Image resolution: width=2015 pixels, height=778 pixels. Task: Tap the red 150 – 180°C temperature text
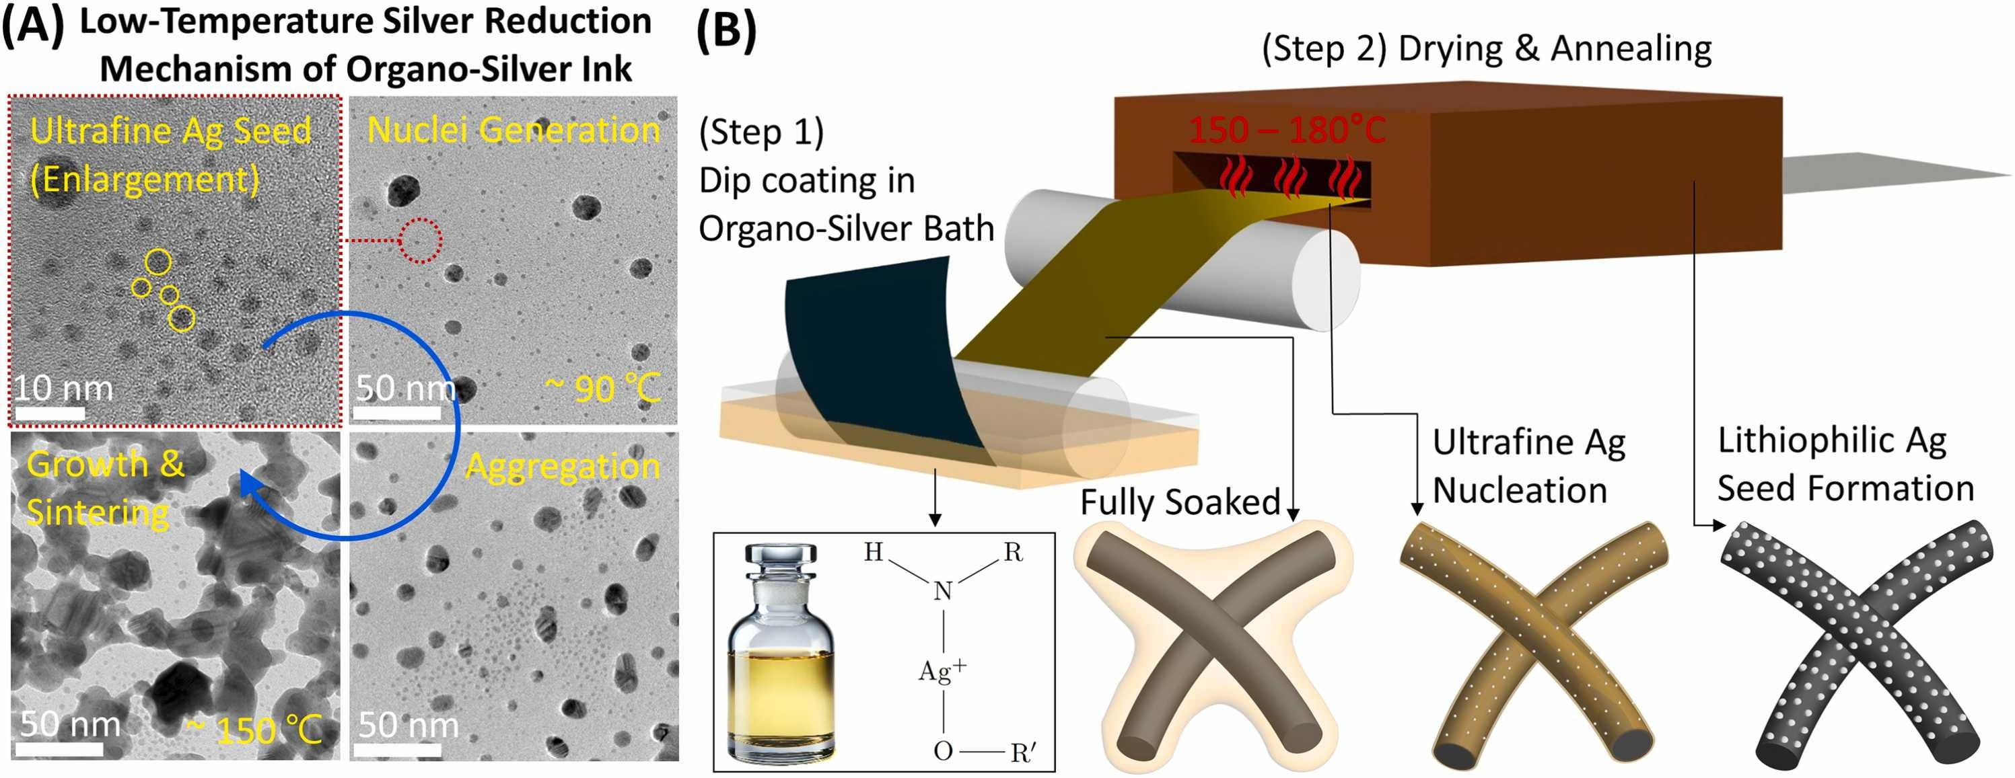1287,129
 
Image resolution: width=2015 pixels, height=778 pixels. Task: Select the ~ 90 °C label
602,388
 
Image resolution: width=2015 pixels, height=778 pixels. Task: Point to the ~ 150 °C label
254,730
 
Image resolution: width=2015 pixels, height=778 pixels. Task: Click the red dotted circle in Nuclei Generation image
421,240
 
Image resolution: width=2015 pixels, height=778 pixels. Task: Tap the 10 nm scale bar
50,412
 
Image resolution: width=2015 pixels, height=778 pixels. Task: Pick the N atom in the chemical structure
943,590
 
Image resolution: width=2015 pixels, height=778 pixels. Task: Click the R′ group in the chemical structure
1024,752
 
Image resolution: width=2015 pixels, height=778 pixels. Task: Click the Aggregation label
563,467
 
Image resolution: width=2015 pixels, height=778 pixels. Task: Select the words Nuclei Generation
513,130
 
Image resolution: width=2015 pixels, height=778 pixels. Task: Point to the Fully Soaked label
1180,502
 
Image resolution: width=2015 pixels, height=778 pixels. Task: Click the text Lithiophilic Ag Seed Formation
1845,465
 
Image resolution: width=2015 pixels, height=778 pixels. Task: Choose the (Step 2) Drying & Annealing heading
1486,48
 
